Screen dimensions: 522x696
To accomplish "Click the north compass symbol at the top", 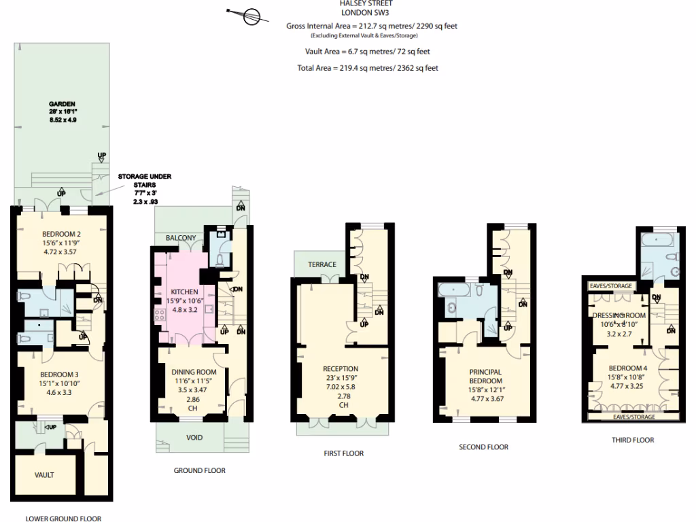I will (x=248, y=14).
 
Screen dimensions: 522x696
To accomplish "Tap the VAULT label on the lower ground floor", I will (x=44, y=474).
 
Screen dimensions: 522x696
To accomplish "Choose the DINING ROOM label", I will (x=193, y=372).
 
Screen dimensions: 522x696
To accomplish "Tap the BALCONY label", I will (x=180, y=238).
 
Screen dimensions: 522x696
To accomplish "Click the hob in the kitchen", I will (x=162, y=315).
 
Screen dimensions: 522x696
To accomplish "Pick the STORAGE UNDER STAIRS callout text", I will (x=144, y=180).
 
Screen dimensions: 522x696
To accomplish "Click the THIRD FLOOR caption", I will (x=632, y=440).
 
